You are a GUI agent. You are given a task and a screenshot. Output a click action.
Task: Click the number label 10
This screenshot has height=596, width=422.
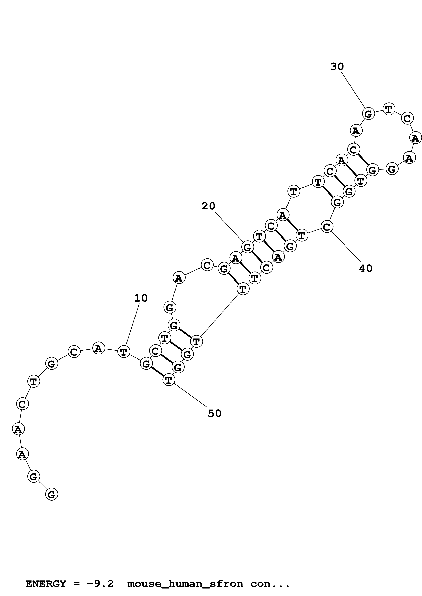[x=141, y=298]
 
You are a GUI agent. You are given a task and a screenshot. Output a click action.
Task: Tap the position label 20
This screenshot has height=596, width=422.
[x=208, y=206]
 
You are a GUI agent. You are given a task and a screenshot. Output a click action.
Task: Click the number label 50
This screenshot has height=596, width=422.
[x=214, y=413]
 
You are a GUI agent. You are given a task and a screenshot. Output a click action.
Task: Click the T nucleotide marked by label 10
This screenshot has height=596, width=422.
[x=124, y=352]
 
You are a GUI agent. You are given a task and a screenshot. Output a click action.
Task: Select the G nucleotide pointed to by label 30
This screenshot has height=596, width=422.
[x=368, y=113]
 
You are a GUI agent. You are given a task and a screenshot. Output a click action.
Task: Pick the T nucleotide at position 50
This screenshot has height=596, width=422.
[x=169, y=380]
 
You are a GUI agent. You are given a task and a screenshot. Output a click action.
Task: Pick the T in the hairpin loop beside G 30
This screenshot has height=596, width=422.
[x=388, y=109]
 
